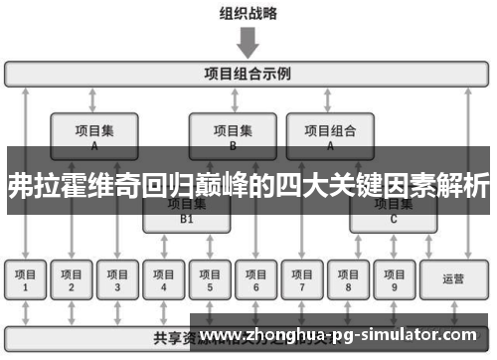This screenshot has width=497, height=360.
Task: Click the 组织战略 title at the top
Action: point(248,14)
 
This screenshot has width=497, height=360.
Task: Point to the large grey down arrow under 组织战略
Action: point(248,42)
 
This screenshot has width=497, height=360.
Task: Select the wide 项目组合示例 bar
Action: point(248,74)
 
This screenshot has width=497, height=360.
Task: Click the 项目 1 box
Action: point(27,280)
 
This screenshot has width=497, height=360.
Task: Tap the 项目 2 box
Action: point(72,280)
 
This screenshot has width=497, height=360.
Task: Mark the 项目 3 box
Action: point(117,280)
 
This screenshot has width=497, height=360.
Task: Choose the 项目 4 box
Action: point(163,280)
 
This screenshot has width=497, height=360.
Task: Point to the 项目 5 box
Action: point(209,280)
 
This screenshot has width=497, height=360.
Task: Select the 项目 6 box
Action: point(254,280)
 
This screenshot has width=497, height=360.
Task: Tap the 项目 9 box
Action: point(394,280)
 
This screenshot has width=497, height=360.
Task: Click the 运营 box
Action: point(453,280)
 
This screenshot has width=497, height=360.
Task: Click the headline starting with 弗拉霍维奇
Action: point(248,185)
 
